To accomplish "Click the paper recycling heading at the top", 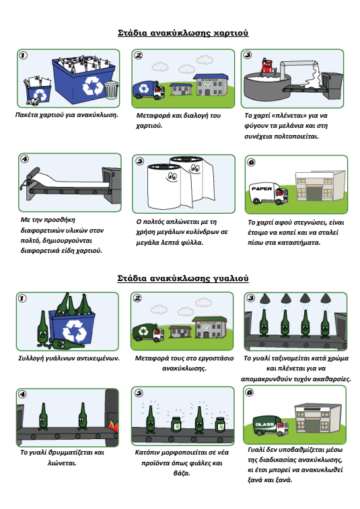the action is (x=183, y=33).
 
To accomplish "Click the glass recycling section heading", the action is (x=183, y=278).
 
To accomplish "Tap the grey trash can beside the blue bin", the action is (x=111, y=89).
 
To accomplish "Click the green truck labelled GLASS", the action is (x=271, y=426).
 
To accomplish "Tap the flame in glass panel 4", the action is (x=113, y=426).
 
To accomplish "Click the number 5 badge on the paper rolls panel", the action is (x=140, y=161).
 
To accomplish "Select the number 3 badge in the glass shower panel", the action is (x=251, y=298).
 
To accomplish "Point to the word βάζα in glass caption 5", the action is (x=182, y=473).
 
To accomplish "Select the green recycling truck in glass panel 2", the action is (x=148, y=332).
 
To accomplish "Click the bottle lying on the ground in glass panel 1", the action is (x=67, y=344).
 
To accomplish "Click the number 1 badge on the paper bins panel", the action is (x=23, y=56).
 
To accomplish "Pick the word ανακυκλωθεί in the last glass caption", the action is (x=322, y=470).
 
